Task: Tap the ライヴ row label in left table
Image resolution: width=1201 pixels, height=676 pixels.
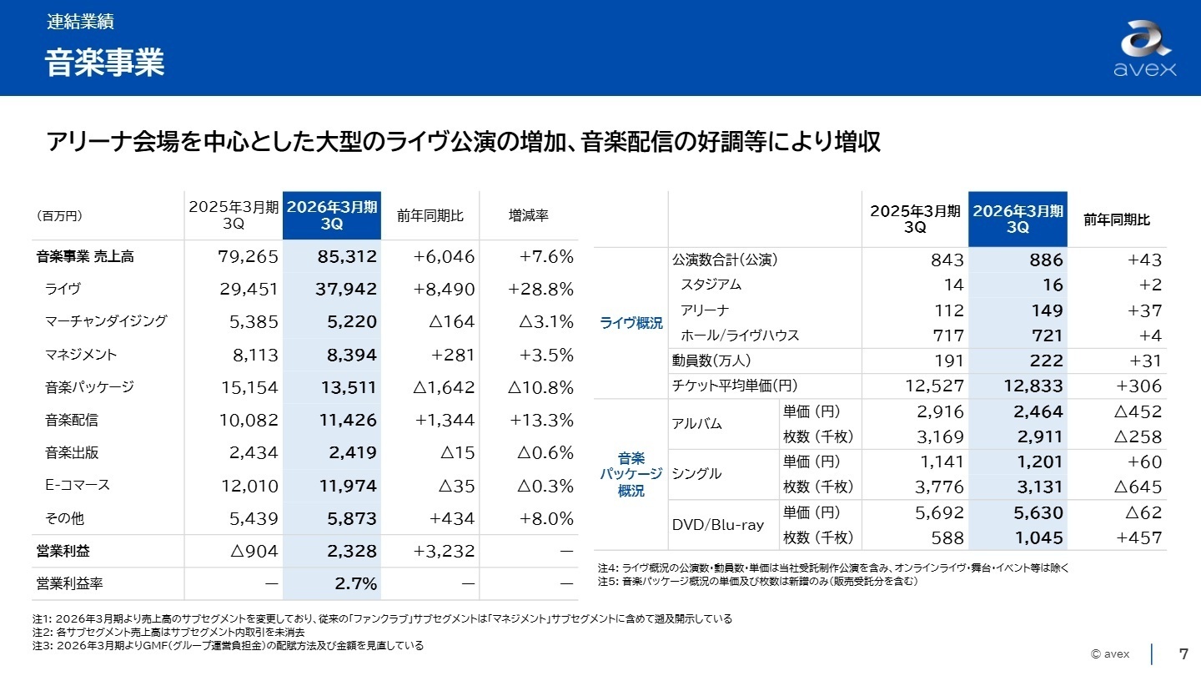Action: (63, 289)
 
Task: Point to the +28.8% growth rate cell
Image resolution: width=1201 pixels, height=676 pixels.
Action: (540, 289)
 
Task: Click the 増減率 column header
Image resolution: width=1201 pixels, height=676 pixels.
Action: (528, 216)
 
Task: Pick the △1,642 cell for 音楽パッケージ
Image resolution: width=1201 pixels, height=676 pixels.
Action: (445, 387)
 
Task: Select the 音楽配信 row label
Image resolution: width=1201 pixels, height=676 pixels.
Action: (72, 420)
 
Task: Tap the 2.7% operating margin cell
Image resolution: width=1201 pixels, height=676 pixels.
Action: (356, 583)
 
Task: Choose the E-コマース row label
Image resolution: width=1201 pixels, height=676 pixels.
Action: (78, 485)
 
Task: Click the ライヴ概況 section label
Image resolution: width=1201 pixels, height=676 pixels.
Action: (631, 324)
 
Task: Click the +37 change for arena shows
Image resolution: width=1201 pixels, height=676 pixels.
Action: (1144, 310)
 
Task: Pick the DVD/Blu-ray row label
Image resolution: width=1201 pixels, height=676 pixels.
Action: (717, 525)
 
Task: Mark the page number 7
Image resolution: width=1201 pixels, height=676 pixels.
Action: (1183, 653)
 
